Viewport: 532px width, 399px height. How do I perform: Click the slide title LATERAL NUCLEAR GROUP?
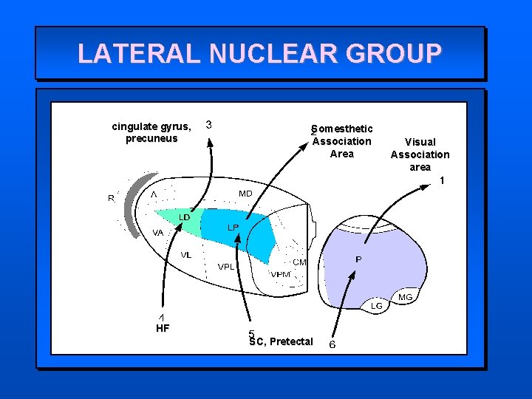(x=259, y=53)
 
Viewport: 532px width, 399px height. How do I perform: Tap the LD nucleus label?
(x=185, y=217)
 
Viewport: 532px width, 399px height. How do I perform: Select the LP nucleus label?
(x=232, y=228)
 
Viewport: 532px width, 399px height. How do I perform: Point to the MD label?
(x=245, y=194)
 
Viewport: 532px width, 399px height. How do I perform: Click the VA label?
(x=157, y=233)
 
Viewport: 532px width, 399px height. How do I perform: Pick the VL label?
(x=186, y=255)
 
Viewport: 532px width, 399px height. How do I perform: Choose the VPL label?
(x=226, y=267)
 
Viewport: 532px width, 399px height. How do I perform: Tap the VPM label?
(x=280, y=274)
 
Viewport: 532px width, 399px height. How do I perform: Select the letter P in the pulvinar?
(x=358, y=259)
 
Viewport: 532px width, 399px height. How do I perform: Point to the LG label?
(x=377, y=305)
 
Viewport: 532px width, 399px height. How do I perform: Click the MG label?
(x=405, y=297)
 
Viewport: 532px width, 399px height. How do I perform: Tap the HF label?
(x=163, y=328)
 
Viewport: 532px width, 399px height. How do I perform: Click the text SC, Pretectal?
(x=281, y=341)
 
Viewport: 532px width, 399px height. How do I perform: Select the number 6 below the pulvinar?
(x=332, y=344)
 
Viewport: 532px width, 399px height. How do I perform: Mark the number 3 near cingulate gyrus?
(x=210, y=125)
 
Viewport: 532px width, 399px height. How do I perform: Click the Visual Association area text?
(x=420, y=154)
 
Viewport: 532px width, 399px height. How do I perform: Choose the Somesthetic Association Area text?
(x=341, y=141)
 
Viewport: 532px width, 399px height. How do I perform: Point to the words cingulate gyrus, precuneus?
(x=151, y=132)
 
